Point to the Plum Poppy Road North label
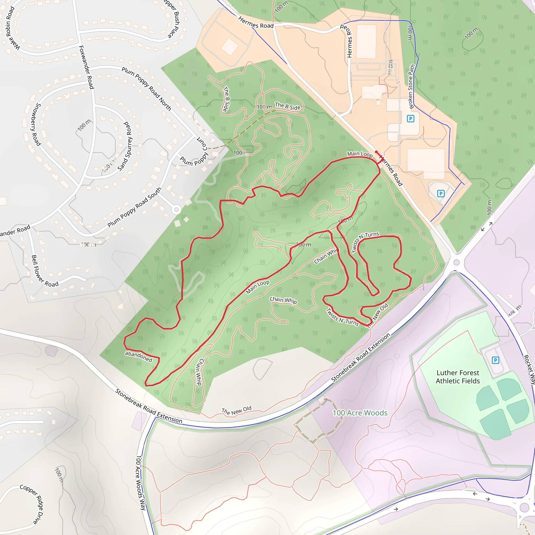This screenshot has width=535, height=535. click(x=147, y=89)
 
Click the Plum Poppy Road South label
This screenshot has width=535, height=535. click(x=134, y=207)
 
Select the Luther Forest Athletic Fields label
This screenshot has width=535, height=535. click(x=458, y=377)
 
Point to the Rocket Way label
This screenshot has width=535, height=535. click(x=529, y=369)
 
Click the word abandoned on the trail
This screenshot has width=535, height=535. click(x=138, y=356)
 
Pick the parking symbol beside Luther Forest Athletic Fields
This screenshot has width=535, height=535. click(x=495, y=360)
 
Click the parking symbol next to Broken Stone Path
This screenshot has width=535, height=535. click(x=410, y=119)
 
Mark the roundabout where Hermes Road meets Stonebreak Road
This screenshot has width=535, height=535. click(x=457, y=262)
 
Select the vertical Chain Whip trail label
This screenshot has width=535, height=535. click(x=199, y=372)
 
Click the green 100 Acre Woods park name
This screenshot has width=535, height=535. click(x=360, y=413)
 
